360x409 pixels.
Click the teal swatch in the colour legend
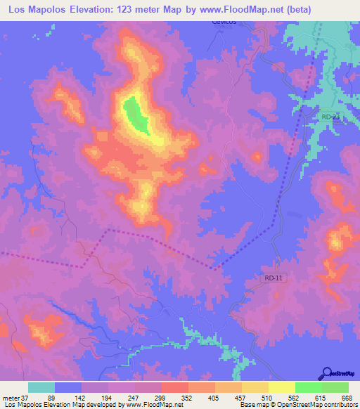coord(41,387)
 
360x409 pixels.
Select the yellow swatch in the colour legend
coord(281,387)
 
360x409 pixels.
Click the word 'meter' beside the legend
coord(11,397)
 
